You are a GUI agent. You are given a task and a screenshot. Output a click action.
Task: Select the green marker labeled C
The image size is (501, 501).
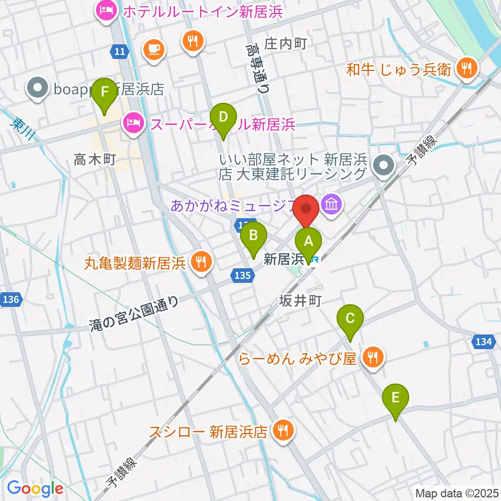pyautogui.click(x=350, y=318)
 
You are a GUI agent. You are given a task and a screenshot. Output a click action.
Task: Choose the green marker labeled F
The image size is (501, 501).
pyautogui.click(x=105, y=92)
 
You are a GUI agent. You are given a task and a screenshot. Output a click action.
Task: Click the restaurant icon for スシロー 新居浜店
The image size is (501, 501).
pyautogui.click(x=283, y=431)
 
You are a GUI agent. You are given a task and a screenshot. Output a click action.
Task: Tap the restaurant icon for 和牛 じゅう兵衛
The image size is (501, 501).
pyautogui.click(x=463, y=68)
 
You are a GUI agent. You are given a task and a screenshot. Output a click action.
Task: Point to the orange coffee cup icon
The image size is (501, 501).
pyautogui.click(x=154, y=50)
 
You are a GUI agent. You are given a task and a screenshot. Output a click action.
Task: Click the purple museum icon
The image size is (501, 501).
pyautogui.click(x=332, y=204)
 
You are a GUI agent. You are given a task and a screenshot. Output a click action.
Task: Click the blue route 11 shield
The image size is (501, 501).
pyautogui.click(x=119, y=51)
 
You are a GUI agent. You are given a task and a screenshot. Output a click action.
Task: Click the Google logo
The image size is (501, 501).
pyautogui.click(x=35, y=489)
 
